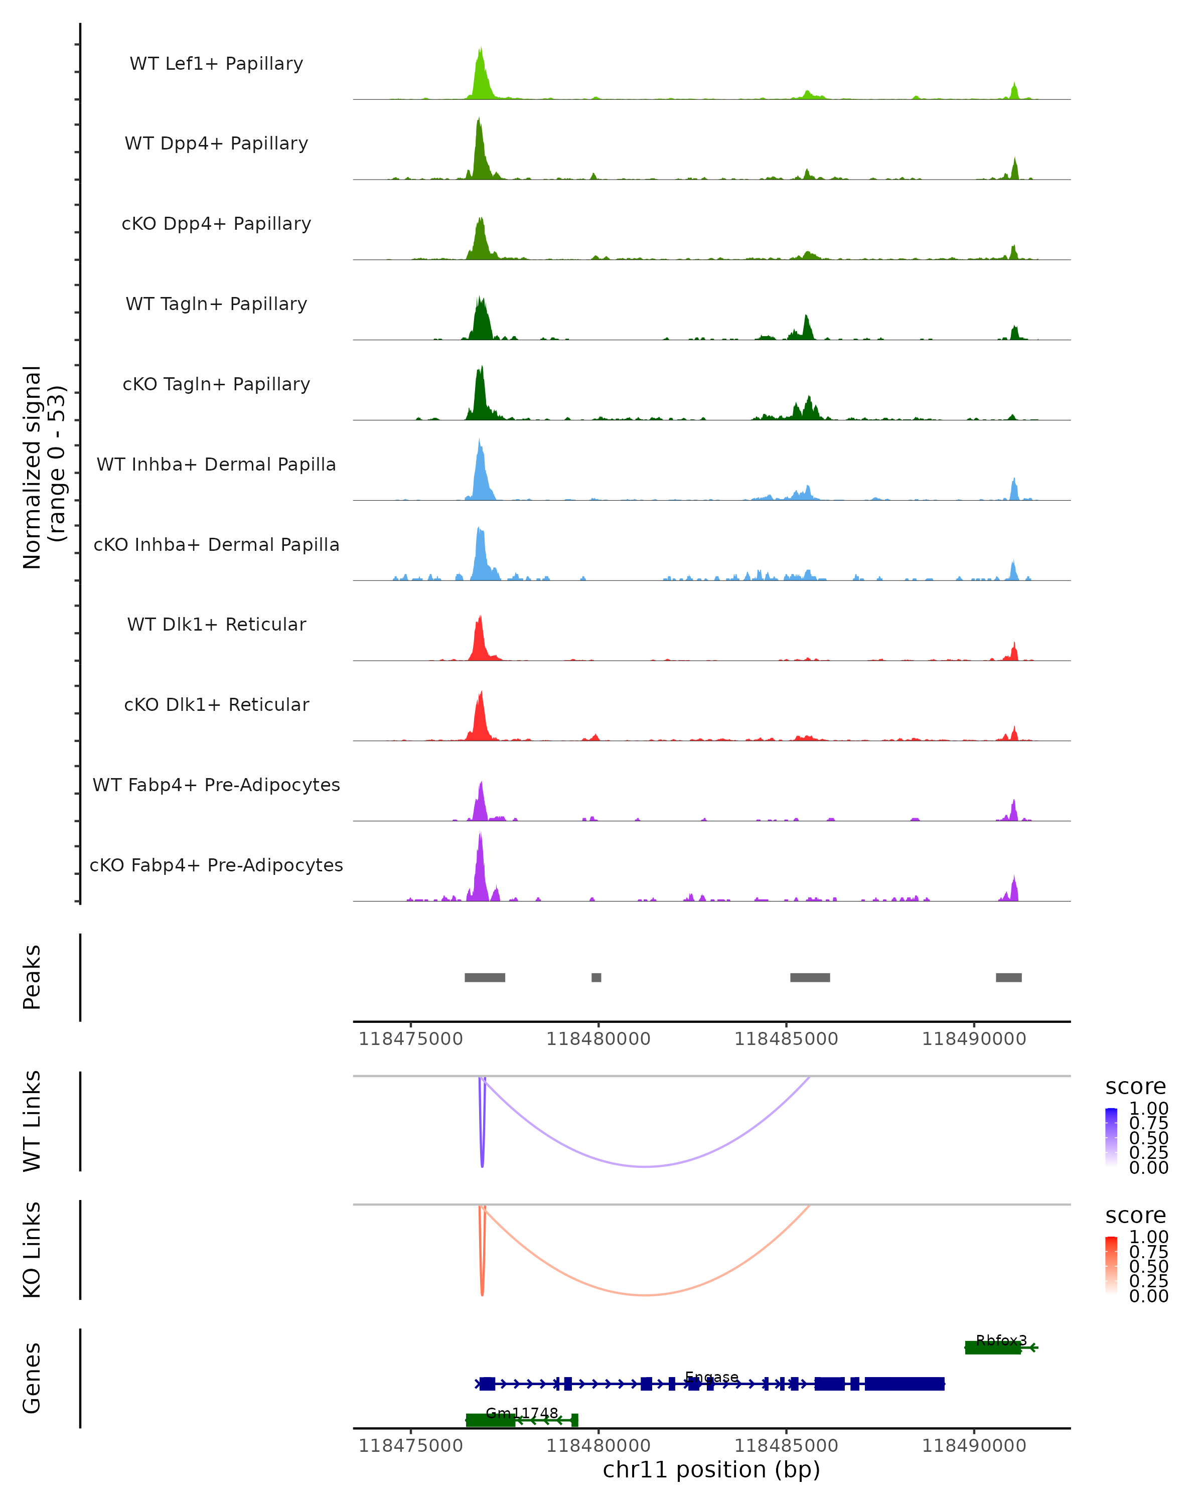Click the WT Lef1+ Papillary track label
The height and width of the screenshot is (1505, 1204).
tap(216, 64)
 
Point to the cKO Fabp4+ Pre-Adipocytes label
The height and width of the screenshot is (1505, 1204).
tap(216, 865)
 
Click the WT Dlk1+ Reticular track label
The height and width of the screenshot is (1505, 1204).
tap(216, 624)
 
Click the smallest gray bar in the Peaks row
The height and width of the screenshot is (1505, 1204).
tap(596, 977)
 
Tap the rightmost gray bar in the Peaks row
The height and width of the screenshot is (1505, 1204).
tap(1008, 977)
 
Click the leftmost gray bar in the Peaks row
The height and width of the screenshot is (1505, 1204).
tap(485, 977)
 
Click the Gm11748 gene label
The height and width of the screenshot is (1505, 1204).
tap(522, 1413)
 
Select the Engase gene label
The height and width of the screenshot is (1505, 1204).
tap(711, 1377)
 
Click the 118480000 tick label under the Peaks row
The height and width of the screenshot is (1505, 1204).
tap(598, 1039)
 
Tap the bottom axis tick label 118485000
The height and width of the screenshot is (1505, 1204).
tap(786, 1446)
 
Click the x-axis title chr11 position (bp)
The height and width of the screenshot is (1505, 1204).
tap(711, 1470)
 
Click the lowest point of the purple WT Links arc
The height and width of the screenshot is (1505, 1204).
tap(646, 1166)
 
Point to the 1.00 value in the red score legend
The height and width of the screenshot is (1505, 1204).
tap(1148, 1237)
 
